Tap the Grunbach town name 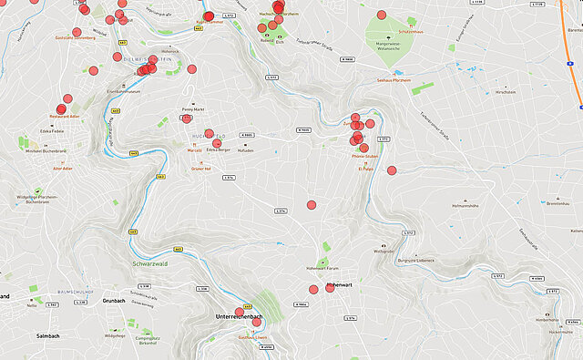114,300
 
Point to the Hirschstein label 506,92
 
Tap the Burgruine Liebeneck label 414,260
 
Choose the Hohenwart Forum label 322,268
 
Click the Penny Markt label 193,108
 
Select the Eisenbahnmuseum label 123,91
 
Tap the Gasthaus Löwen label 252,337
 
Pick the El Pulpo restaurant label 366,169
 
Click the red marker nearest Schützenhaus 382,15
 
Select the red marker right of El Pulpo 392,170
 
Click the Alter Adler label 63,169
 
